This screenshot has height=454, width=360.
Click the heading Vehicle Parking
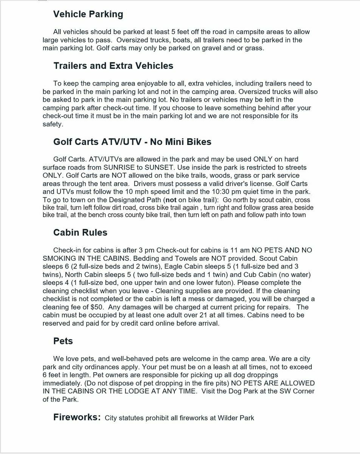[x=88, y=14]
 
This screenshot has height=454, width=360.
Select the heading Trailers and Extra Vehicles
[x=113, y=66]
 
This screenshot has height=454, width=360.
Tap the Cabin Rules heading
[x=80, y=232]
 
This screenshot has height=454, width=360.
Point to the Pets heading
[x=63, y=341]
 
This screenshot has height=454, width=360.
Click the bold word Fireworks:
[x=77, y=417]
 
